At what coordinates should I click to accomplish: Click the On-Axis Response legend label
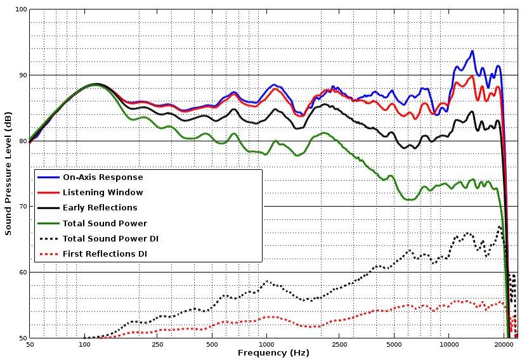pyautogui.click(x=103, y=177)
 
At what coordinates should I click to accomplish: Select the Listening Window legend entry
pyautogui.click(x=103, y=193)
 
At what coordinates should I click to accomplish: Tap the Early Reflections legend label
pyautogui.click(x=100, y=208)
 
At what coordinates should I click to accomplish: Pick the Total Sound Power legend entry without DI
pyautogui.click(x=105, y=223)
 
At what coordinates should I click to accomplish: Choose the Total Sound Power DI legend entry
pyautogui.click(x=110, y=239)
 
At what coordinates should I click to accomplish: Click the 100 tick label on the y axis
pyautogui.click(x=20, y=10)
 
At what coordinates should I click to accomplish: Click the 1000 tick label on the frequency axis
pyautogui.click(x=266, y=345)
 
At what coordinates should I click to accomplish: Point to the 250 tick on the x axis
pyautogui.click(x=158, y=345)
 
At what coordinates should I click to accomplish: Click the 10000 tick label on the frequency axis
pyautogui.click(x=449, y=345)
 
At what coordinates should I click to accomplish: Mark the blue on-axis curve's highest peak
pyautogui.click(x=472, y=51)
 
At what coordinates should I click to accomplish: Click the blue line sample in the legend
pyautogui.click(x=48, y=177)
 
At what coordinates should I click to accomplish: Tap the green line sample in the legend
pyautogui.click(x=48, y=223)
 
